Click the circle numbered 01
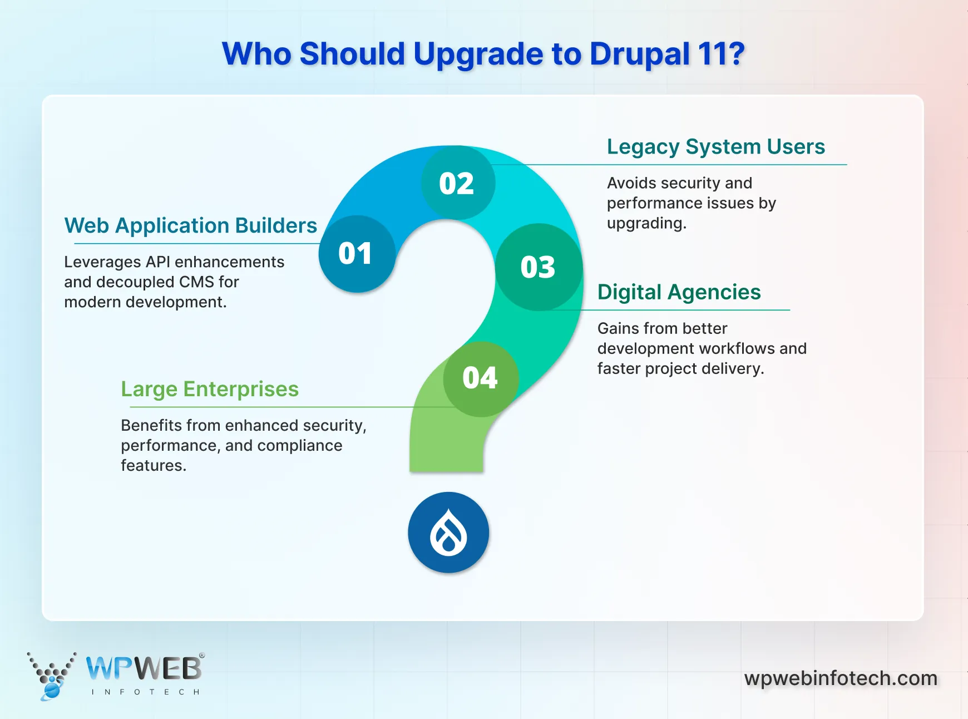tap(357, 254)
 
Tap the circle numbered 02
tap(458, 183)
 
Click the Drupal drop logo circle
tap(448, 532)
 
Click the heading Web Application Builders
tap(191, 226)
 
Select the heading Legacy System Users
tap(716, 147)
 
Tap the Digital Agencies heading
tap(679, 292)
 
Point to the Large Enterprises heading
tap(210, 389)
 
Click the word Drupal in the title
tap(639, 55)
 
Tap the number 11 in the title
tap(714, 54)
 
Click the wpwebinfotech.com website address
tap(841, 678)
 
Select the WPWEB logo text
tap(144, 668)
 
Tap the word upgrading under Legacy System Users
tap(646, 224)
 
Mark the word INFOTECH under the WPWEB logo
tap(145, 692)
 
